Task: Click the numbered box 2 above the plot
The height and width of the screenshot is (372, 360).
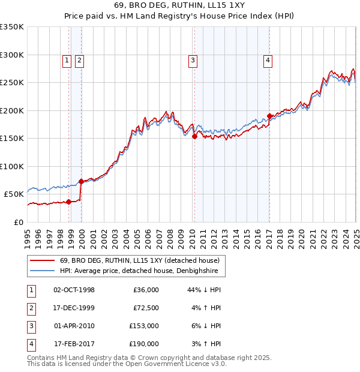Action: (x=79, y=60)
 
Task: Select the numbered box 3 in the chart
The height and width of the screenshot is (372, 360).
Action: (x=193, y=60)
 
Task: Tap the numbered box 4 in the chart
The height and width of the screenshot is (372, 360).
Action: (x=268, y=60)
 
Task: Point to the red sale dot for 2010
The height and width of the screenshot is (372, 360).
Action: (x=194, y=137)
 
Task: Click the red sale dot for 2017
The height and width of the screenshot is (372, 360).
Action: (x=269, y=116)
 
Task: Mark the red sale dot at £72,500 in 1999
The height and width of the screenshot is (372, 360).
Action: (x=81, y=181)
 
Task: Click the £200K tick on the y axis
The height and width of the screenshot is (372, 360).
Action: (x=12, y=110)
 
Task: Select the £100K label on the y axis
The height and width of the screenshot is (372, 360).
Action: (x=12, y=166)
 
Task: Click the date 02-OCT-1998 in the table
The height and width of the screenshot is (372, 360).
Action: (x=74, y=290)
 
